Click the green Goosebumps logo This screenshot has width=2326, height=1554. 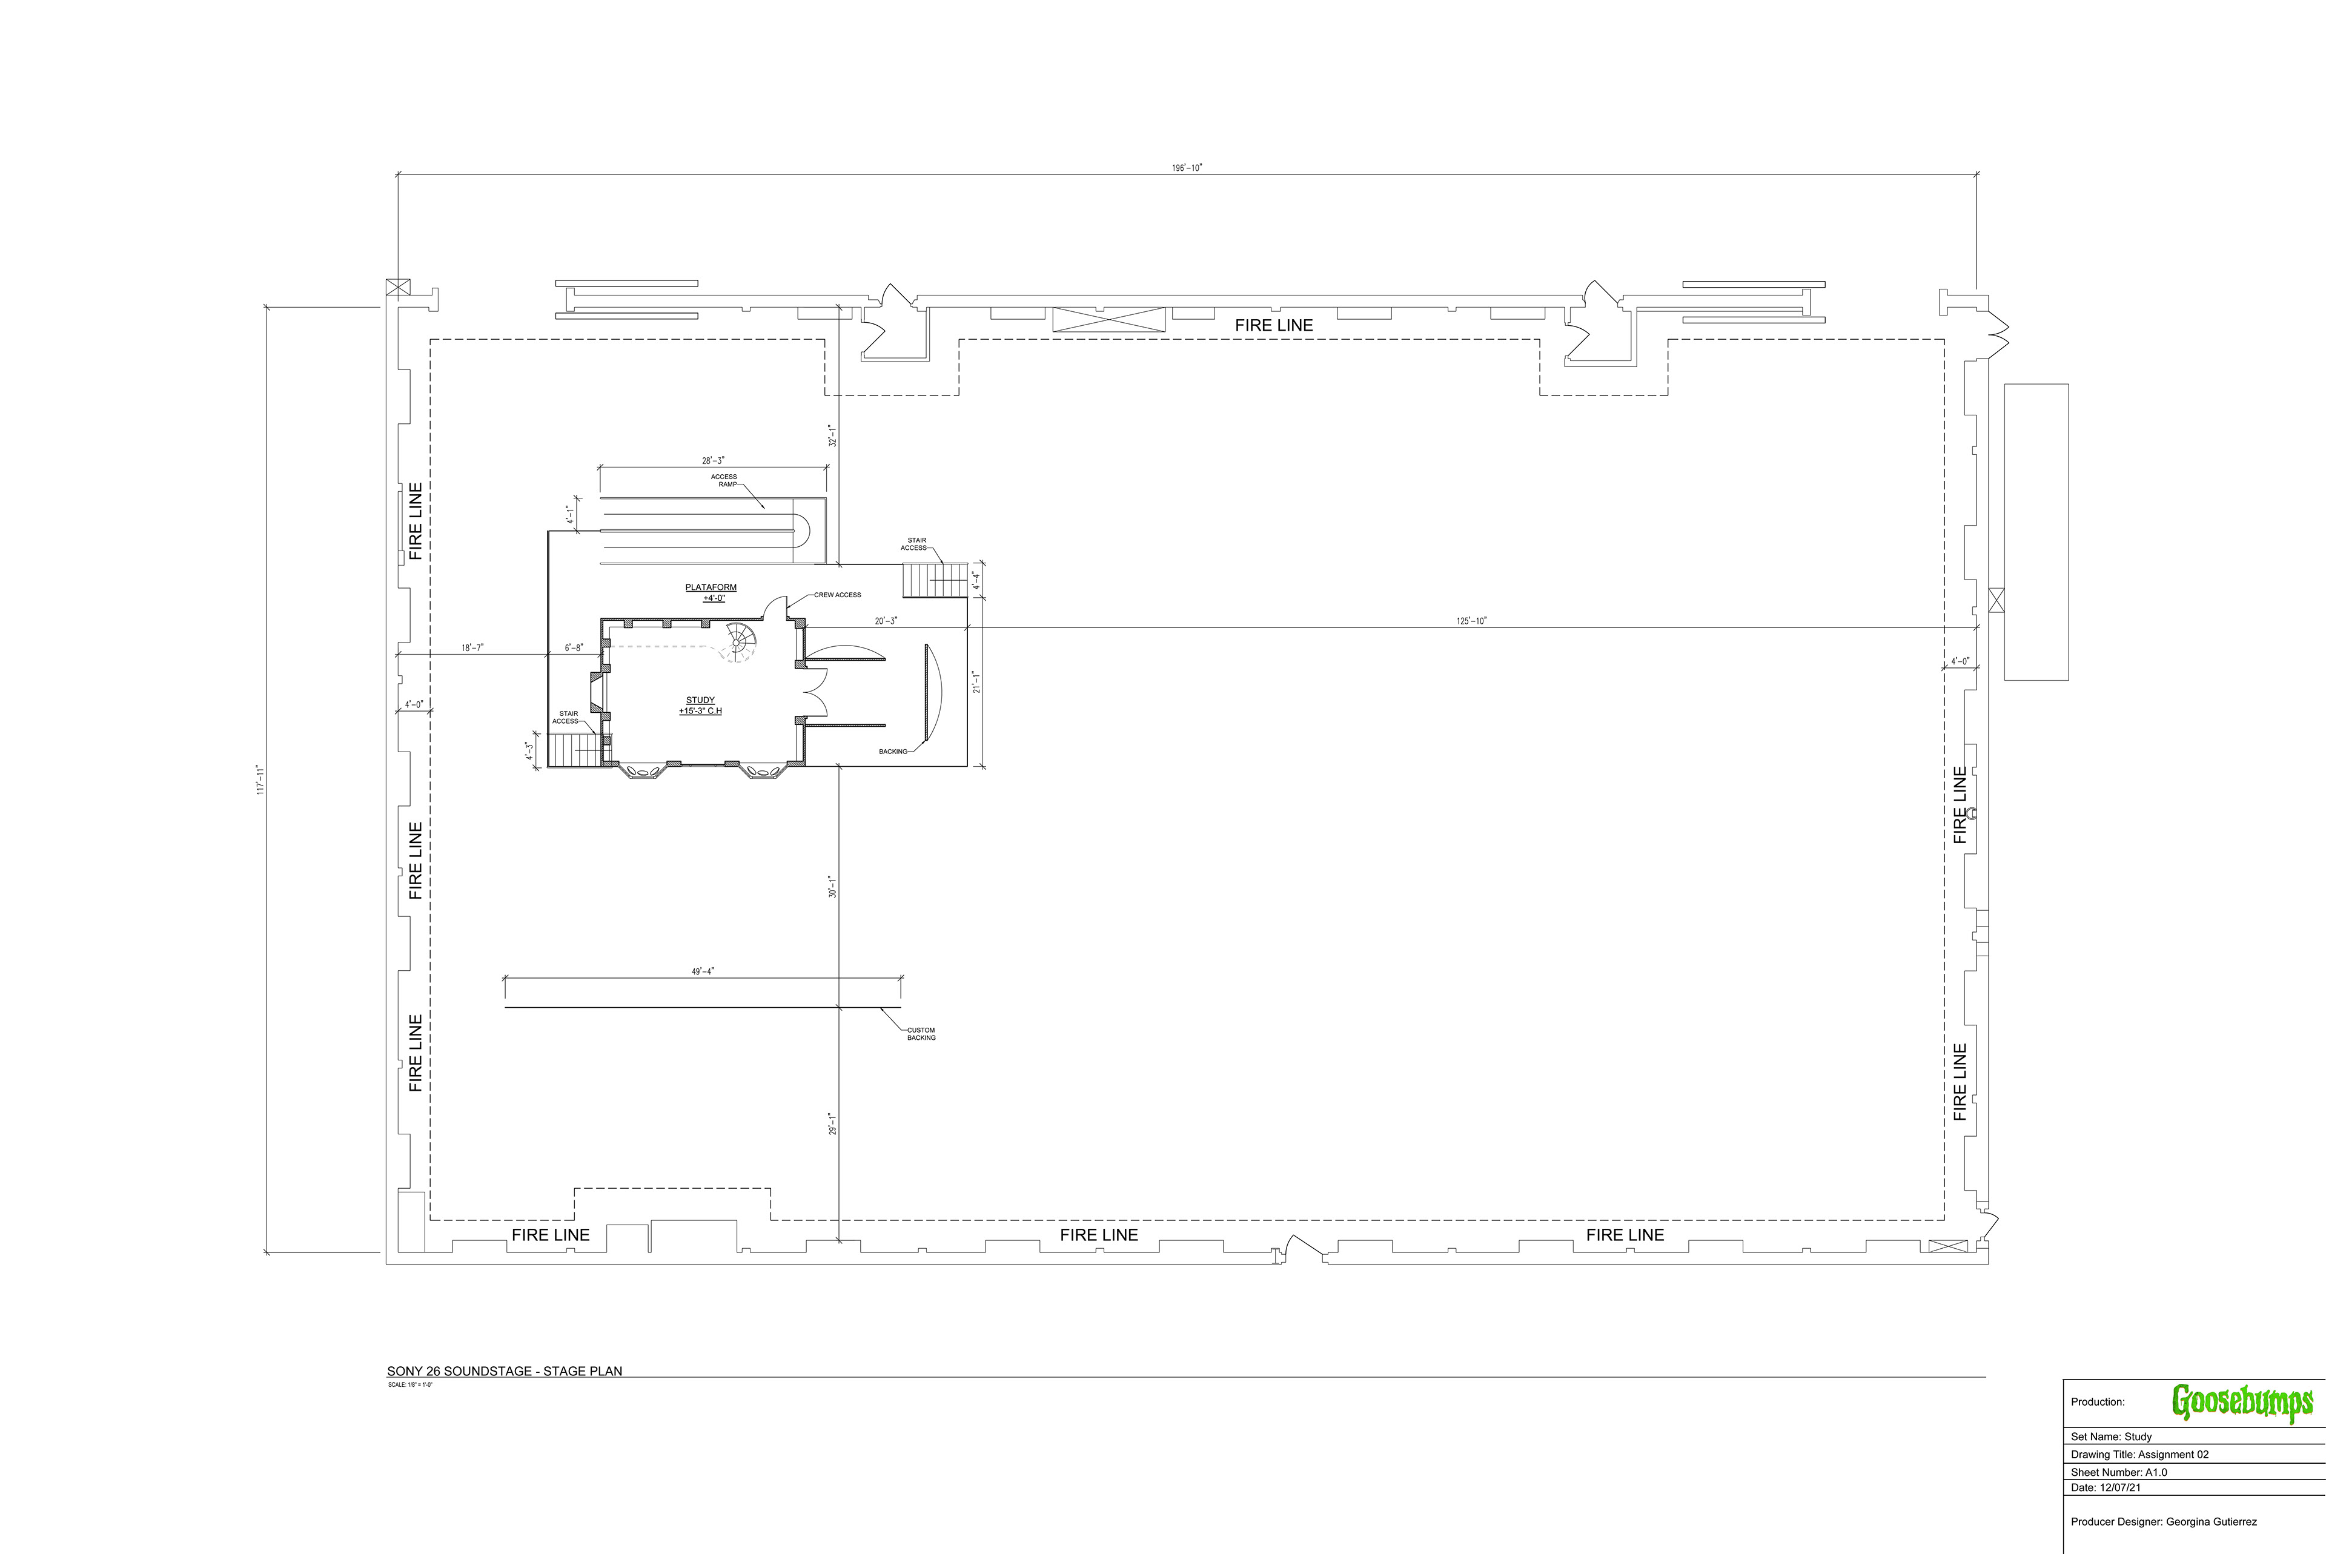pyautogui.click(x=2242, y=1403)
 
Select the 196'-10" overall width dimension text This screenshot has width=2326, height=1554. pyautogui.click(x=1186, y=168)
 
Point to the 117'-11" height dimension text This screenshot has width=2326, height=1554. pyautogui.click(x=260, y=779)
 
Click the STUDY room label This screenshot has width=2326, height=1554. pyautogui.click(x=701, y=706)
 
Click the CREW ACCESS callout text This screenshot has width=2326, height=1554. pyautogui.click(x=838, y=595)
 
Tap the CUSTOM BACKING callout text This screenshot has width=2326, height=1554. pyautogui.click(x=921, y=1034)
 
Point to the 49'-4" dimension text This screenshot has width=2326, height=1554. pyautogui.click(x=703, y=971)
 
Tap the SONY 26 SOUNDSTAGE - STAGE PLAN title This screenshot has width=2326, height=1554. pyautogui.click(x=505, y=1372)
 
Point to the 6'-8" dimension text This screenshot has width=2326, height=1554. pyautogui.click(x=574, y=648)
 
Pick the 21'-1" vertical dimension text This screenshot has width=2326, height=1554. pyautogui.click(x=976, y=682)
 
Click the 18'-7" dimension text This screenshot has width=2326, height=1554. pyautogui.click(x=472, y=647)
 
